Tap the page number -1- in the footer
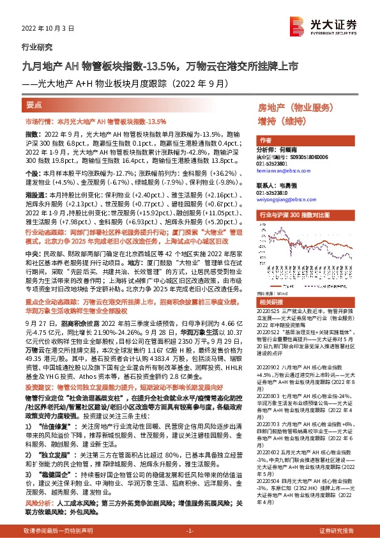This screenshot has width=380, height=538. click(x=190, y=530)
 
